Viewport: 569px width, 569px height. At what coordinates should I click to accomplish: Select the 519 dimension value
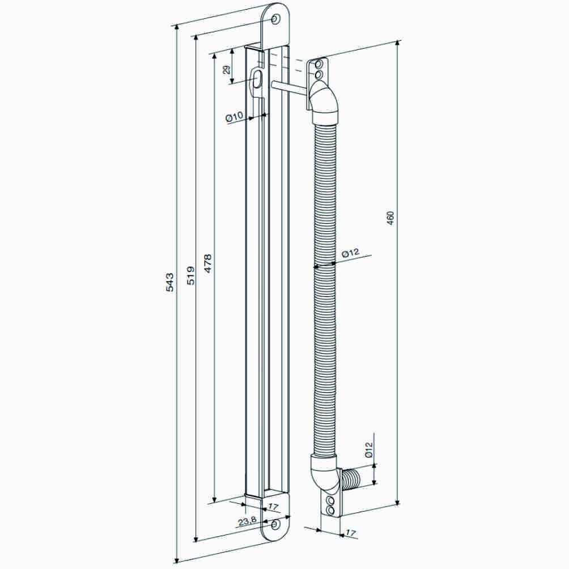pyautogui.click(x=191, y=275)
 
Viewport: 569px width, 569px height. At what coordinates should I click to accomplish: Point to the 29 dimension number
pyautogui.click(x=226, y=70)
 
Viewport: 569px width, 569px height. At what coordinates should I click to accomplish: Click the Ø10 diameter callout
pyautogui.click(x=233, y=117)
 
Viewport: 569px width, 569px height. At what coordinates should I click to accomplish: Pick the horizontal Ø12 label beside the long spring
pyautogui.click(x=351, y=253)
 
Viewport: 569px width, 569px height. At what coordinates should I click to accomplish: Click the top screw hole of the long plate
pyautogui.click(x=275, y=20)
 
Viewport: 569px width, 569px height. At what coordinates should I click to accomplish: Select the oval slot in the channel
pyautogui.click(x=257, y=79)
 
